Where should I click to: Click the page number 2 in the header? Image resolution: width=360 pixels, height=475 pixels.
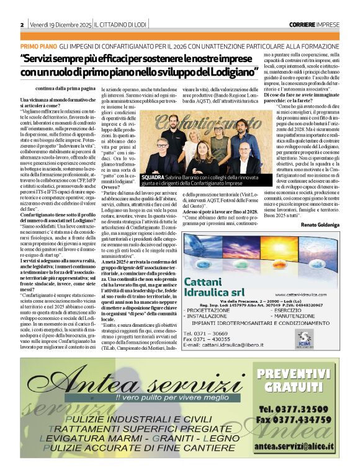(22, 24)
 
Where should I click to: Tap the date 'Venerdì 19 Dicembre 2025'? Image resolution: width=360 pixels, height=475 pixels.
(59, 24)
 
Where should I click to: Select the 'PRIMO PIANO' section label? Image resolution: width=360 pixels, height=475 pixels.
(38, 47)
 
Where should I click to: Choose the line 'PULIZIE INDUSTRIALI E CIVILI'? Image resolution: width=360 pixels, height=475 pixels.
(130, 420)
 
